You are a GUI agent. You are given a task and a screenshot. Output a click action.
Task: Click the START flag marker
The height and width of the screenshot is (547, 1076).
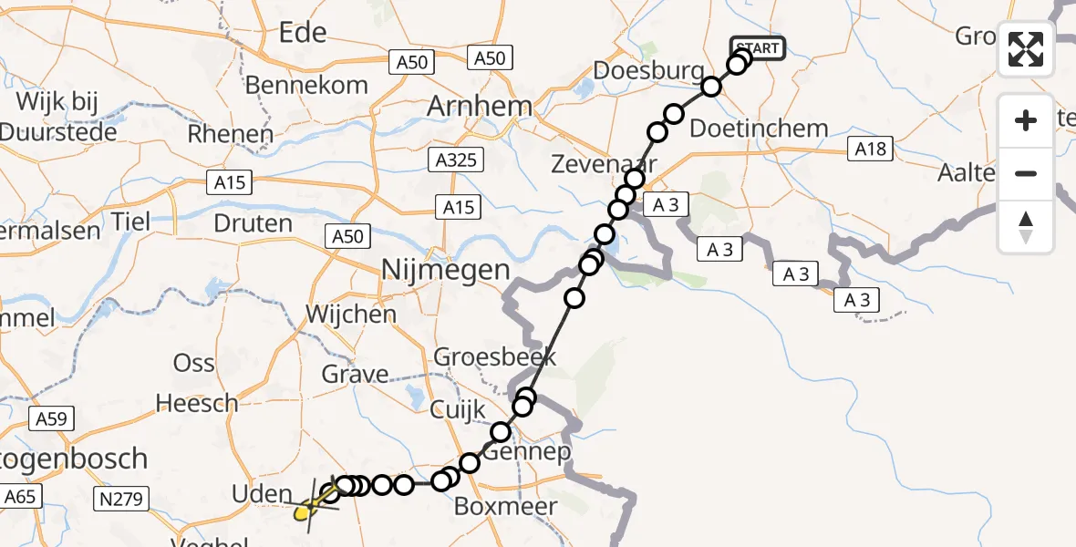point(757,48)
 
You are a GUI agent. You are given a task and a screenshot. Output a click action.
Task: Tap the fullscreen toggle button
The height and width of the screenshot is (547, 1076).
point(1026,49)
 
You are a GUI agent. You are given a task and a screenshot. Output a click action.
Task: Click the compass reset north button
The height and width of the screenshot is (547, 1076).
point(1026,227)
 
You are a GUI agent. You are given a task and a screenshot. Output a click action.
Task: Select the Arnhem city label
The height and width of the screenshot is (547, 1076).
point(481,106)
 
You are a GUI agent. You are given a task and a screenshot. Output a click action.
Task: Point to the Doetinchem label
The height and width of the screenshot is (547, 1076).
point(759,129)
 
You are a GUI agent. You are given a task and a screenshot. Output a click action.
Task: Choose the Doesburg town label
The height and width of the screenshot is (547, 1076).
point(648,71)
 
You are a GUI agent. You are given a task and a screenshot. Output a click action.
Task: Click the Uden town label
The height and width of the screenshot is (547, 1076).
point(263,494)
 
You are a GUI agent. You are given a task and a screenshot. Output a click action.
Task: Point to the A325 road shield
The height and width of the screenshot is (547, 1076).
point(457,160)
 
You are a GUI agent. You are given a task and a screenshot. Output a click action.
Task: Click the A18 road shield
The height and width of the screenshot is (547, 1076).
point(869,150)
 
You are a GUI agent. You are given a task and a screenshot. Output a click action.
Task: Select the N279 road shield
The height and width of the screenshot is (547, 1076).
point(120,498)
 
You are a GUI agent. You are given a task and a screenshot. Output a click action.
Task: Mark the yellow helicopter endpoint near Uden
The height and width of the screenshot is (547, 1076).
point(305,511)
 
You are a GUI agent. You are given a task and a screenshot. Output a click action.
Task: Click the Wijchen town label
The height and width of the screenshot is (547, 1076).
point(351,315)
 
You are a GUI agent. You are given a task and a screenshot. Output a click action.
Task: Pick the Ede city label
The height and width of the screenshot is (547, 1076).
point(302,34)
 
